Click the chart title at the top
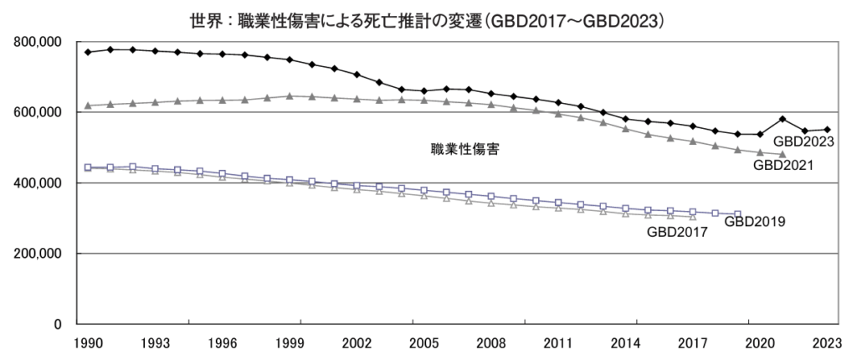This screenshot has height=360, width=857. [428, 16]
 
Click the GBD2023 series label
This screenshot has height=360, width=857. [803, 141]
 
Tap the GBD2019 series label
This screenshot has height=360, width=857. [754, 222]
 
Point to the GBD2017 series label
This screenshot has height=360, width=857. [677, 234]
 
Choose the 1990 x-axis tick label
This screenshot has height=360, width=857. [88, 343]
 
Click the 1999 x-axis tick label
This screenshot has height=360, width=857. [289, 343]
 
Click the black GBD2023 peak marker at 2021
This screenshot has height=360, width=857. [783, 119]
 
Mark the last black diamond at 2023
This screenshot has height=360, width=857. [827, 130]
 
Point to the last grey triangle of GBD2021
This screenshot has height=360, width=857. [783, 154]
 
